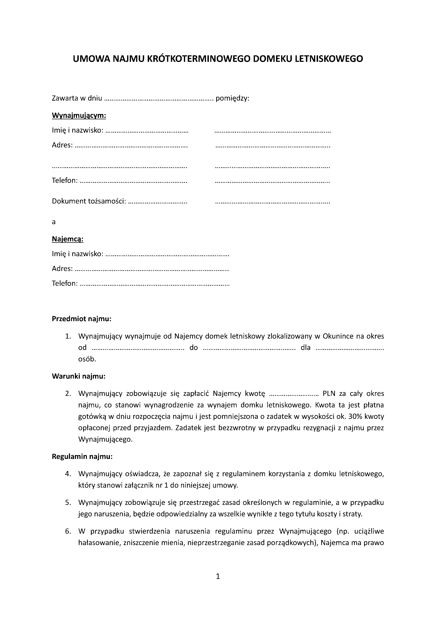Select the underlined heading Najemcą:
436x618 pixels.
(x=68, y=239)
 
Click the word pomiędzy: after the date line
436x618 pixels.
(x=233, y=98)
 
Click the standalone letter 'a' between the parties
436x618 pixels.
(x=54, y=222)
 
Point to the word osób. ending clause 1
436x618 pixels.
(x=87, y=359)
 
